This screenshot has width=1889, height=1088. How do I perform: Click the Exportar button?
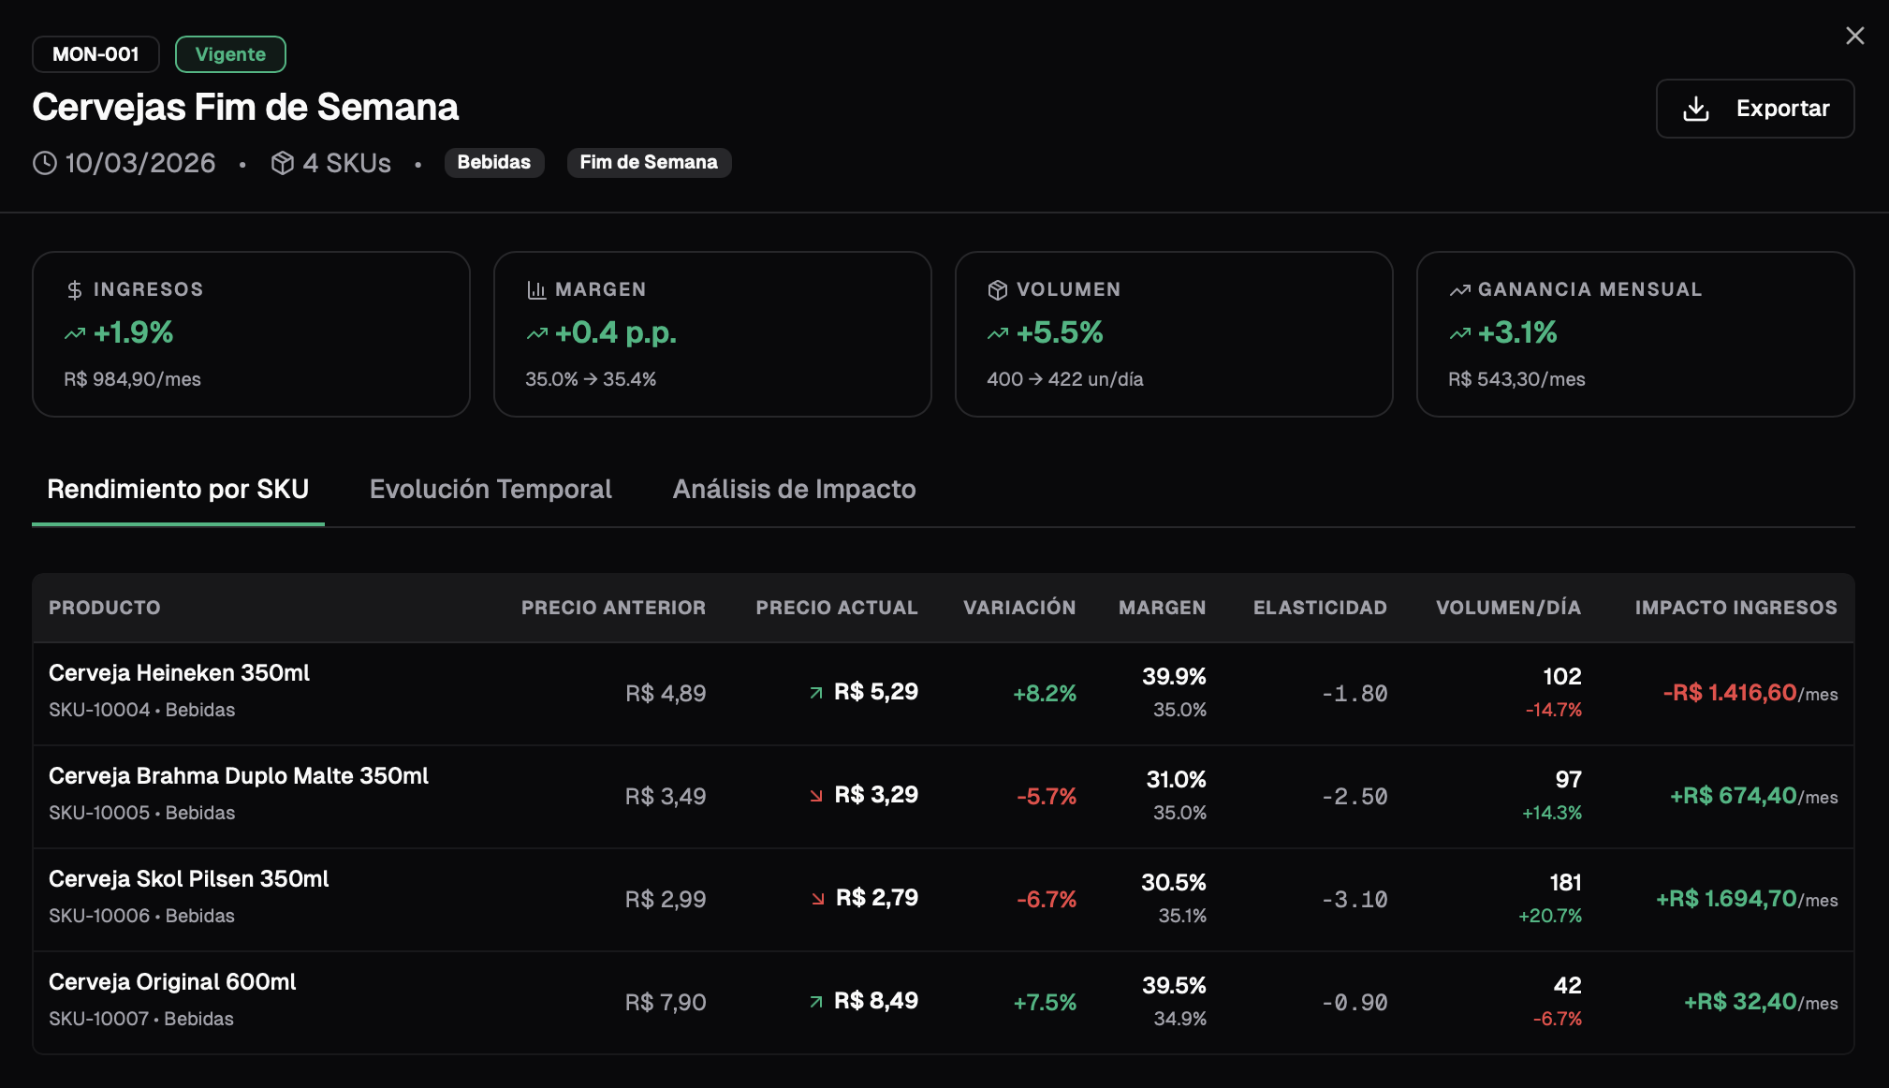1754,109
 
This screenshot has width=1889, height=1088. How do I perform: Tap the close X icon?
1854,36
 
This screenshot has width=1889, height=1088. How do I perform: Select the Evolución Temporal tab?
491,489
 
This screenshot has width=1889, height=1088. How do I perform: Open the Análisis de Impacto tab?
794,489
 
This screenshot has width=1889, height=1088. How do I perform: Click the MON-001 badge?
95,54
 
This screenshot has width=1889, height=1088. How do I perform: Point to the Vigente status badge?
230,54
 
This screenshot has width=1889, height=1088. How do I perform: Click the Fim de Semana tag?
649,162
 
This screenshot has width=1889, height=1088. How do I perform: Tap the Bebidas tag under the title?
493,162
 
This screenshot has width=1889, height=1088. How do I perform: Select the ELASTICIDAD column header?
1320,608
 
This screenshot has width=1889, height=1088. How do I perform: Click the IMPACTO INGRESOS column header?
1735,608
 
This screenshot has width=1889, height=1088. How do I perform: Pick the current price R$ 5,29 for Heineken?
875,692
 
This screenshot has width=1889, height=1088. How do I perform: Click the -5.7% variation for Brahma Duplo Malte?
1047,796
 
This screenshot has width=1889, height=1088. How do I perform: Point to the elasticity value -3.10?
1355,899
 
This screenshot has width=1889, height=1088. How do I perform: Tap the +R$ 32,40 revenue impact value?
1740,1002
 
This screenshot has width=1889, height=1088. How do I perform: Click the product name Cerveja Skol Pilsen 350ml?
189,878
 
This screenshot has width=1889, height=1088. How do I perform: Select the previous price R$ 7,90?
666,1002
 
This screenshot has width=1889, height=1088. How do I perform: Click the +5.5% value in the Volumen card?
1059,332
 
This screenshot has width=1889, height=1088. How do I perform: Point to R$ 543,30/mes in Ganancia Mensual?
1516,379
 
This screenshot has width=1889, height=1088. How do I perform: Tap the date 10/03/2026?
140,163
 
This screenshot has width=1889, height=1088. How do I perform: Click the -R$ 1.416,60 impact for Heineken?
1730,693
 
